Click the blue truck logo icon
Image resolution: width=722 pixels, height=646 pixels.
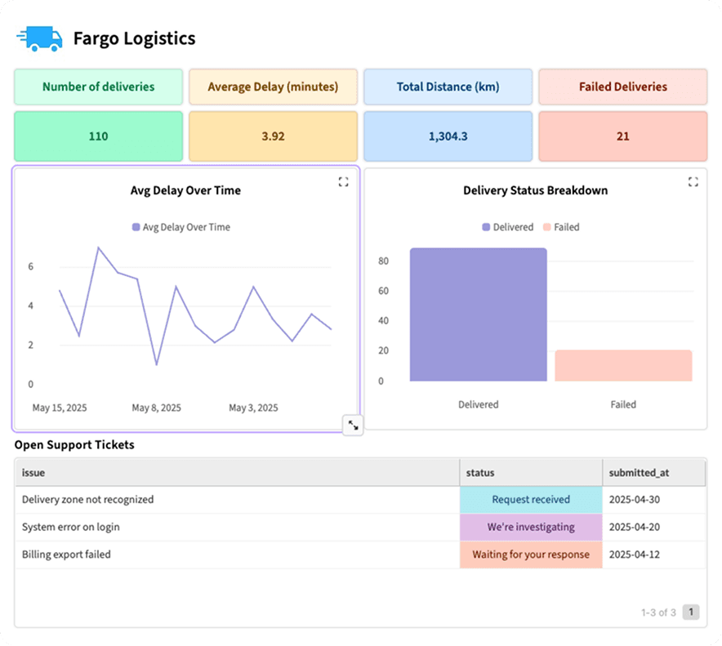(39, 38)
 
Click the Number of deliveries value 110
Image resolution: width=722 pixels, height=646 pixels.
(98, 136)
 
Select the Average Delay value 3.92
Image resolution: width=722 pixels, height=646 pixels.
(273, 136)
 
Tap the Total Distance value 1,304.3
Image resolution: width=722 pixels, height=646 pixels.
(448, 136)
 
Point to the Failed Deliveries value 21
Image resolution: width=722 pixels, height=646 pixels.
(623, 136)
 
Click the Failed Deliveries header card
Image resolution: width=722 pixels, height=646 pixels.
(623, 87)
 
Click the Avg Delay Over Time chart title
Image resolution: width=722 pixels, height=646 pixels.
(185, 190)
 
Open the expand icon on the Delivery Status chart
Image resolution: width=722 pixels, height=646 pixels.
(693, 182)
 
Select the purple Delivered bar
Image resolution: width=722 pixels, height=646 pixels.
(479, 314)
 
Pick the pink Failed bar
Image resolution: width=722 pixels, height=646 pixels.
(623, 366)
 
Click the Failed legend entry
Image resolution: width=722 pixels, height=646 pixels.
(561, 227)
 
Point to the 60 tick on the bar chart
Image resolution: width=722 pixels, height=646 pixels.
(384, 291)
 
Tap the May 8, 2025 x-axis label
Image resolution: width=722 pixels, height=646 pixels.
(157, 408)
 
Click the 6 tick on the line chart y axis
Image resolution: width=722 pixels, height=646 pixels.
(31, 266)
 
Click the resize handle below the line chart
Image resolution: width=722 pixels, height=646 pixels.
(353, 425)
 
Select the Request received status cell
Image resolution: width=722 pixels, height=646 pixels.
(531, 500)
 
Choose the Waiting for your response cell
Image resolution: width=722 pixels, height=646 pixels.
(531, 555)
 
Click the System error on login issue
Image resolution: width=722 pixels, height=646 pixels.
(71, 527)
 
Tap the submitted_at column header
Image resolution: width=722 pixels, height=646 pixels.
(640, 473)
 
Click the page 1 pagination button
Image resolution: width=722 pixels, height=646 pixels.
(691, 612)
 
